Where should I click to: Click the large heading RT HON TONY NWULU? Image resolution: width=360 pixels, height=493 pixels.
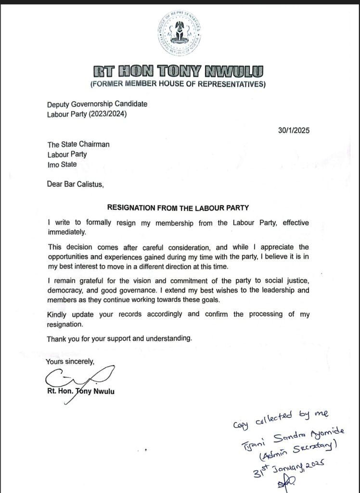coord(179,72)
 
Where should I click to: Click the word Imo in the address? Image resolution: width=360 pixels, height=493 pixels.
coord(53,164)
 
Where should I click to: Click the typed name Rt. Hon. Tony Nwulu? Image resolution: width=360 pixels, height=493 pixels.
coord(80,391)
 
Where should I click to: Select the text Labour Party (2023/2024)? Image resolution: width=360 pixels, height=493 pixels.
coord(89,114)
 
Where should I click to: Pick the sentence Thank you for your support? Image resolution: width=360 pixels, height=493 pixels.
coord(119,338)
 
